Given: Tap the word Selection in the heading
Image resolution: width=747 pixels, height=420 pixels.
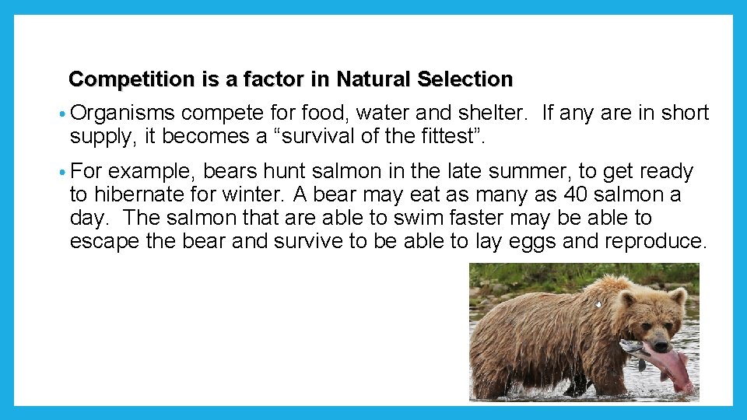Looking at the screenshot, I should click(465, 79).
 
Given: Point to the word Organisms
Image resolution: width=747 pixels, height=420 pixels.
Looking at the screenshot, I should click(123, 114).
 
